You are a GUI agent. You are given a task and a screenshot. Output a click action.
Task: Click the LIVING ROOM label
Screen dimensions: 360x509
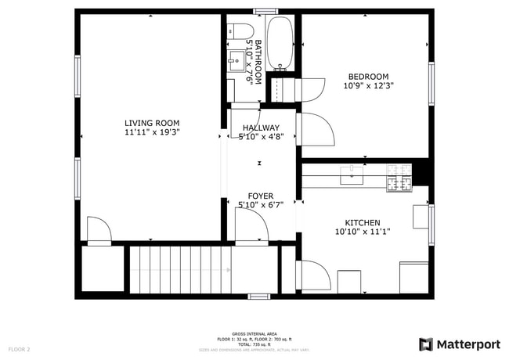[x=152, y=123]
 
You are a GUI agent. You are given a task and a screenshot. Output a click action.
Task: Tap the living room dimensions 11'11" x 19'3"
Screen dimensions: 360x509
[x=152, y=133]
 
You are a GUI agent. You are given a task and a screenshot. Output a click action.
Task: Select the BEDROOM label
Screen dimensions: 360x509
[x=368, y=76]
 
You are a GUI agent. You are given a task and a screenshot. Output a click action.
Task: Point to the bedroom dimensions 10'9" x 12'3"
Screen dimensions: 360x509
[x=368, y=85]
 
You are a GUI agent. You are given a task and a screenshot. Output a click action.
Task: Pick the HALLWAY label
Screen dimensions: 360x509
[x=260, y=128]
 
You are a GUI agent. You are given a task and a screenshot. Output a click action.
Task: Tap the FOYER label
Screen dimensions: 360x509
[x=260, y=196]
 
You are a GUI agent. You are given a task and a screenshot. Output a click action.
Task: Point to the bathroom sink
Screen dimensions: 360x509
[x=236, y=59]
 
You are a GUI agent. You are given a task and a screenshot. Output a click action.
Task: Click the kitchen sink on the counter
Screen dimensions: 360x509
[x=352, y=174]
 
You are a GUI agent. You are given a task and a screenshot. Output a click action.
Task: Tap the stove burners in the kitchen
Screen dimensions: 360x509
[x=399, y=177]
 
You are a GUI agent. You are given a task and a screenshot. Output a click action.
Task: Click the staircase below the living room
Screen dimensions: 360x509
[x=180, y=270]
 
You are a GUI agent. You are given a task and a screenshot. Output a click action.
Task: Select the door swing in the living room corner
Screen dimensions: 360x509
[x=98, y=231]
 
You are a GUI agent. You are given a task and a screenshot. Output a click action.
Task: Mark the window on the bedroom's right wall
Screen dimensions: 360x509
[x=431, y=84]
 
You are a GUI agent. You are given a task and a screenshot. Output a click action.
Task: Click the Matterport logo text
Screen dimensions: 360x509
[x=461, y=344]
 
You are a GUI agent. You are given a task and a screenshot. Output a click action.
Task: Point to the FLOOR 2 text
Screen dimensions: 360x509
[x=19, y=348]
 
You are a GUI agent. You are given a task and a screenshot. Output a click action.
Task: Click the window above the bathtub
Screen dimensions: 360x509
[x=265, y=10]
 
